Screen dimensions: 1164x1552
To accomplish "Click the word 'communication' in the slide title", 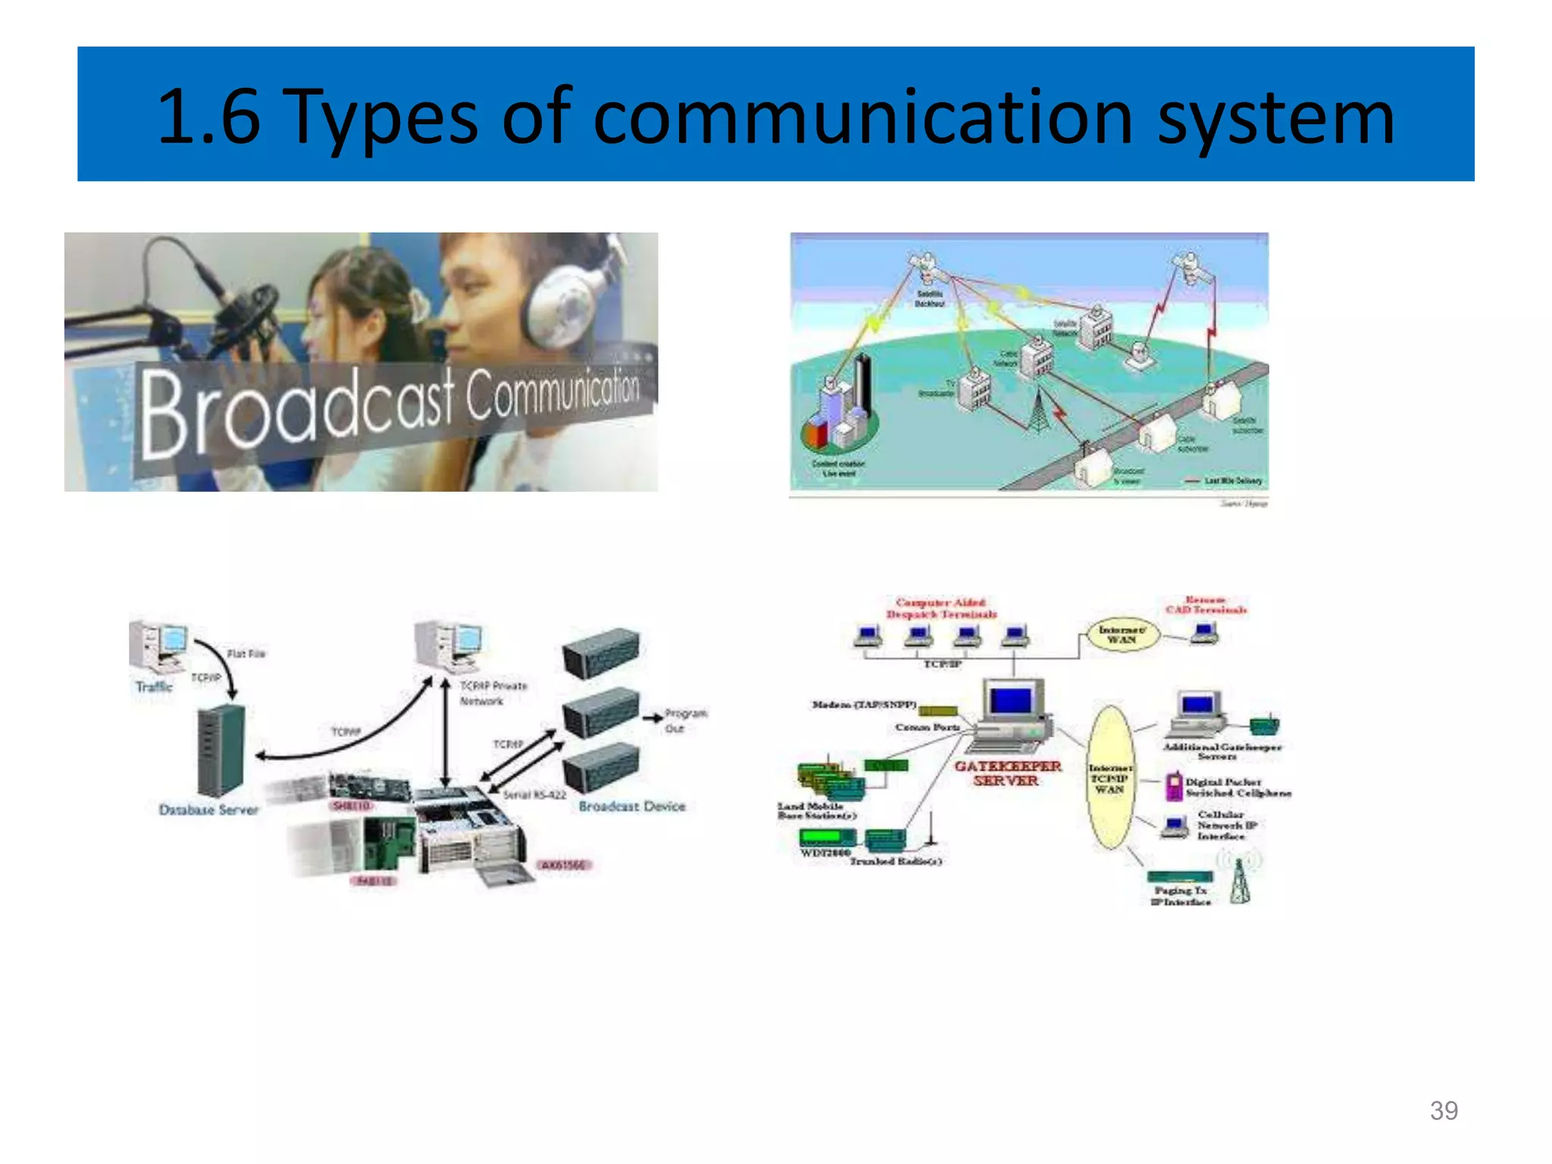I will [x=862, y=117].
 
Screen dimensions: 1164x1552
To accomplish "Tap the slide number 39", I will [x=1444, y=1110].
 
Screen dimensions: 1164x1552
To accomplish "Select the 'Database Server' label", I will [x=208, y=809].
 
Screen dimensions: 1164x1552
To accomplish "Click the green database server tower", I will [x=221, y=750].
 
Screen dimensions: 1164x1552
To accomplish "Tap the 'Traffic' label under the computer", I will [x=154, y=687].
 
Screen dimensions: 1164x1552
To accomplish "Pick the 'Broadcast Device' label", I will [x=632, y=806].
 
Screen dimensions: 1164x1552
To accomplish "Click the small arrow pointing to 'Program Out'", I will [x=651, y=718].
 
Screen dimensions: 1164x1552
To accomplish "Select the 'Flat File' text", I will [x=246, y=653].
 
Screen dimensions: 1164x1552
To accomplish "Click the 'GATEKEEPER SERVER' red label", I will [x=1007, y=773].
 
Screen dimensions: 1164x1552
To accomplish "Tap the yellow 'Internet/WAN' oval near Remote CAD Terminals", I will [x=1122, y=635].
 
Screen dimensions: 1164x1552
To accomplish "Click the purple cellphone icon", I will [x=1174, y=786].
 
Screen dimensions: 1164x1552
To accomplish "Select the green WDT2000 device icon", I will [x=828, y=837].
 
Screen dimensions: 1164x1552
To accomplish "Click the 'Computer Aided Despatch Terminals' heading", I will [x=941, y=609].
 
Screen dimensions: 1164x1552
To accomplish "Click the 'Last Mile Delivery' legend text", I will [x=1233, y=480].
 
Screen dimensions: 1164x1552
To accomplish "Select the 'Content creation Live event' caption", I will [x=838, y=468].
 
